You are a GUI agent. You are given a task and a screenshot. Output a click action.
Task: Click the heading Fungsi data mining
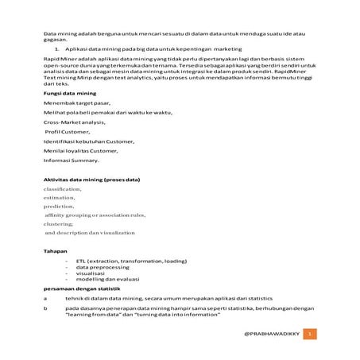pos(69,94)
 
